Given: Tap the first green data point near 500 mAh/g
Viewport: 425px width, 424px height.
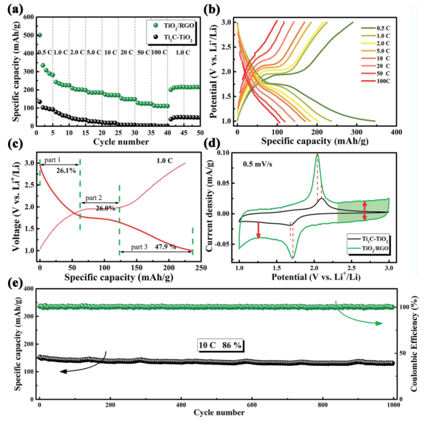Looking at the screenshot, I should click(39, 35).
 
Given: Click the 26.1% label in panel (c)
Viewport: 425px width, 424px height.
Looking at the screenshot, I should click(66, 169).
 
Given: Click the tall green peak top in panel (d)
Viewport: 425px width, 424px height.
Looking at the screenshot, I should click(317, 154).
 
